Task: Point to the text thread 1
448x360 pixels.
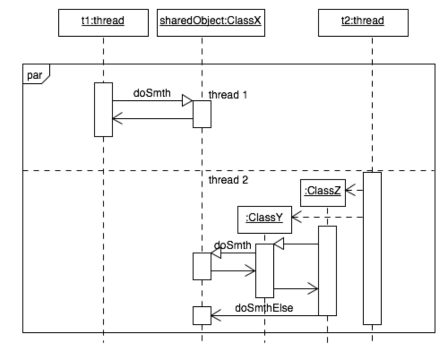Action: [228, 95]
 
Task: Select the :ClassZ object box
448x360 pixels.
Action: [323, 193]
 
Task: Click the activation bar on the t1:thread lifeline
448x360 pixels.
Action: [103, 109]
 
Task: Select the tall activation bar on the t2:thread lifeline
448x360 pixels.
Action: [372, 248]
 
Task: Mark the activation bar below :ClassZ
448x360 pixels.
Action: [327, 270]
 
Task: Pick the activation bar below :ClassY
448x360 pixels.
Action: [264, 270]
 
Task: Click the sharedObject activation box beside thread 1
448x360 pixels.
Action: [202, 114]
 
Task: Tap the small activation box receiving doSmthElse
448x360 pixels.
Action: [202, 315]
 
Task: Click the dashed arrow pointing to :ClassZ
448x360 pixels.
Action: [354, 190]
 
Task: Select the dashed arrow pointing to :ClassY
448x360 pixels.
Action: [327, 217]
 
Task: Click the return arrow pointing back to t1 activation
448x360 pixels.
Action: [152, 119]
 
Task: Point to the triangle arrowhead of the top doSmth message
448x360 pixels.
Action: [187, 101]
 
